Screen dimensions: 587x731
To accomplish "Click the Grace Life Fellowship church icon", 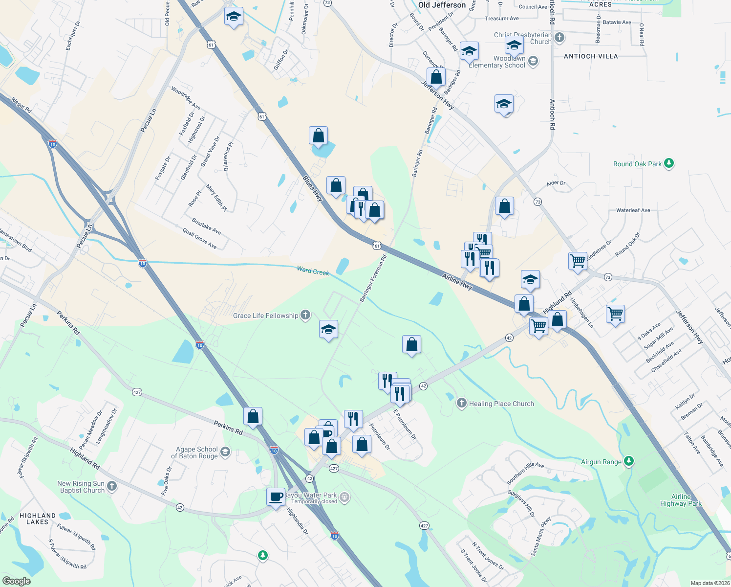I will point(305,315).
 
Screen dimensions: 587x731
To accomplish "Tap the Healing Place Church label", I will point(501,404).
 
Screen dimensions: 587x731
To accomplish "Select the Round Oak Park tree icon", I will point(669,164).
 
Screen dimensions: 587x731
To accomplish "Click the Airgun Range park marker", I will point(629,461).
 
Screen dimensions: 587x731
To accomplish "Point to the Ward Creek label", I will point(313,271).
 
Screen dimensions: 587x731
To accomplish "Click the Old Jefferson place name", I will point(442,5).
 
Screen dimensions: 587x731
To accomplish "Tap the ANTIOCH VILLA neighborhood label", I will point(591,56).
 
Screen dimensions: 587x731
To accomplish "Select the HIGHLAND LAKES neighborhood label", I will point(38,519).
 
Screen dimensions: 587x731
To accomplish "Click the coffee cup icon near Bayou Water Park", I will point(276,497).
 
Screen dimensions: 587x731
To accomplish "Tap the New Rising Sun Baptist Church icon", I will point(112,486).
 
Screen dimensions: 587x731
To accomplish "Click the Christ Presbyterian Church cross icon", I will point(559,37).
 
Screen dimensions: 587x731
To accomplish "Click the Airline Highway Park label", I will point(681,500).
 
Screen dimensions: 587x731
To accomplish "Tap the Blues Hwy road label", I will point(313,189).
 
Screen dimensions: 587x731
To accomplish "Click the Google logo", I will point(16,581).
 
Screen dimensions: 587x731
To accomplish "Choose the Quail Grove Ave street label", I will point(199,238).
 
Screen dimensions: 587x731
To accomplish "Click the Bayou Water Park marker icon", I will point(344,497).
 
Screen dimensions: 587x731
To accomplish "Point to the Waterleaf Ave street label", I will point(633,210).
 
